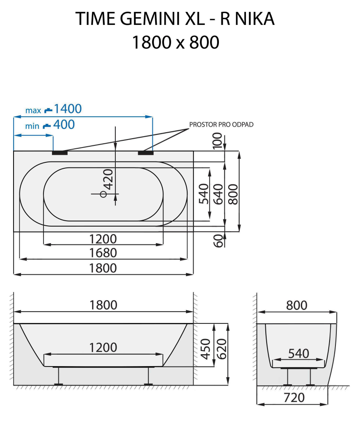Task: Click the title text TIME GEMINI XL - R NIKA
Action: pos(175,19)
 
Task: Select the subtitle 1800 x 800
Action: pos(176,43)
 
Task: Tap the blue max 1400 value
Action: pos(68,109)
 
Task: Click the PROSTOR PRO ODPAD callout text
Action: pos(221,125)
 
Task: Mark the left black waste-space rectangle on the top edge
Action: pos(60,153)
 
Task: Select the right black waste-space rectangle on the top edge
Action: pos(145,153)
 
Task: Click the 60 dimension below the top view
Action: pos(218,241)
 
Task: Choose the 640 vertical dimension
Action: pos(218,194)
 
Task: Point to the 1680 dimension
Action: pos(103,253)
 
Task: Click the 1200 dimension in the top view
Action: pos(103,239)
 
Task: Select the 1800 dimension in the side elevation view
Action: pos(103,305)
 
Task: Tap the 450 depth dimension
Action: pos(206,349)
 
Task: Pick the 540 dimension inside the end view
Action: pos(299,353)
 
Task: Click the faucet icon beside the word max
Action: pos(48,110)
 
